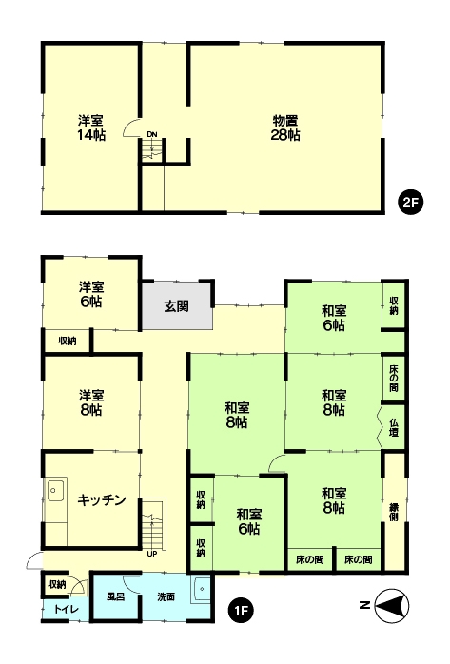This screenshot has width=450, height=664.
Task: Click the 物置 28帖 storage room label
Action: (x=286, y=127)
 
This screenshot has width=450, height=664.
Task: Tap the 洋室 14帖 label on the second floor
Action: (x=91, y=127)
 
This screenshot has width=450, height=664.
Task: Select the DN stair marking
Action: (x=151, y=135)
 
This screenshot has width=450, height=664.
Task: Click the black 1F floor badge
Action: (x=243, y=604)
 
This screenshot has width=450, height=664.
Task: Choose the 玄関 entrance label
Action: (x=177, y=306)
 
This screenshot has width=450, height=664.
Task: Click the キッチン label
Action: (x=102, y=500)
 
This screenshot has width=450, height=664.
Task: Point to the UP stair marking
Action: (x=151, y=554)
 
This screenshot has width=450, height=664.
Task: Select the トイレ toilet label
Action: (x=66, y=609)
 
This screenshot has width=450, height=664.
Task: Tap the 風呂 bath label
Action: (x=115, y=596)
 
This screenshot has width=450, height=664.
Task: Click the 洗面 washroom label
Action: (x=166, y=596)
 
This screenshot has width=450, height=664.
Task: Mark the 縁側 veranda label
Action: (x=394, y=511)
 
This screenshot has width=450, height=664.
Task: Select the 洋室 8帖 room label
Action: (x=91, y=401)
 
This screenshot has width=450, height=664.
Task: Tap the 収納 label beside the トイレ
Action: (x=57, y=584)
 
